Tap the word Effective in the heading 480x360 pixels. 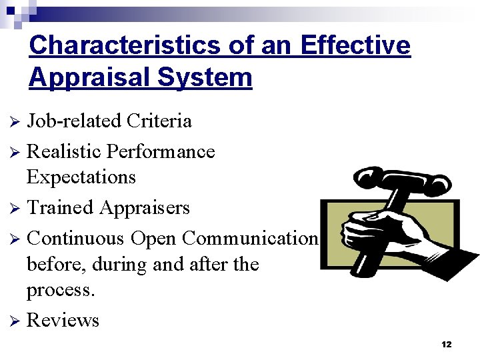pos(355,45)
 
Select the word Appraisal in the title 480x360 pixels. pos(89,77)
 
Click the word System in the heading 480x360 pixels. pos(205,77)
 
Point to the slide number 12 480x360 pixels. pos(446,344)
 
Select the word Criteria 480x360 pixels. pos(159,121)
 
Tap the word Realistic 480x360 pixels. pos(63,151)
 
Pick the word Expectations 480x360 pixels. pos(81,177)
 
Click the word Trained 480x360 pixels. pos(60,208)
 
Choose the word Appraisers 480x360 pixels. pos(144,209)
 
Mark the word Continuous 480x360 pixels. pos(75,238)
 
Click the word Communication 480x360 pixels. pos(249,238)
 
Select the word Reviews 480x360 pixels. pos(63,321)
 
